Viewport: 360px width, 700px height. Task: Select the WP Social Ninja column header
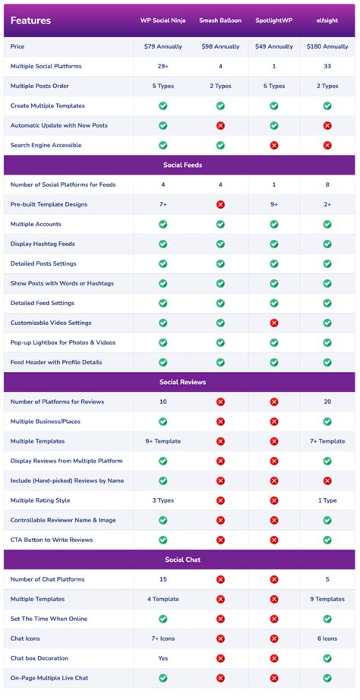coord(163,20)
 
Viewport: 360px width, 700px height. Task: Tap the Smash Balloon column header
coord(220,20)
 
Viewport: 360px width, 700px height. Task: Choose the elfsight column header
coord(327,20)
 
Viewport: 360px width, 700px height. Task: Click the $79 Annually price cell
coord(163,47)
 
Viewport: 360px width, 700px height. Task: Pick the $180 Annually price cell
coord(327,47)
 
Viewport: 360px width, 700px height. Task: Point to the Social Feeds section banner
coord(180,165)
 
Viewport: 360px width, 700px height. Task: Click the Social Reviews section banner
coord(180,382)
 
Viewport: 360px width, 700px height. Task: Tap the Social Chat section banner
coord(180,560)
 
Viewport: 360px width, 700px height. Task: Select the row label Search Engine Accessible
coord(46,145)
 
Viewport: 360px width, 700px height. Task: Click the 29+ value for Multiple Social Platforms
coord(163,67)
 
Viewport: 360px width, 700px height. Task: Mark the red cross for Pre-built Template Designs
coord(220,205)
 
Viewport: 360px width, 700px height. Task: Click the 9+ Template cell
coord(163,441)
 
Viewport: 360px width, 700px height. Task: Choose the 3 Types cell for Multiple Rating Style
coord(163,500)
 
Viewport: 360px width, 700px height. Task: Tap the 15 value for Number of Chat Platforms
coord(163,579)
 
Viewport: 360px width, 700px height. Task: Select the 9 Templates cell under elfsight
coord(327,599)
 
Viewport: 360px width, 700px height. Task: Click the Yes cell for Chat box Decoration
coord(163,658)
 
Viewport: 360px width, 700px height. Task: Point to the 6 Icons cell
coord(327,639)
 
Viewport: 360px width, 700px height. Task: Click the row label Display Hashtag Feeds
coord(43,244)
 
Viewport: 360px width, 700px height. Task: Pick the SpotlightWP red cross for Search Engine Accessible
coord(274,145)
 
